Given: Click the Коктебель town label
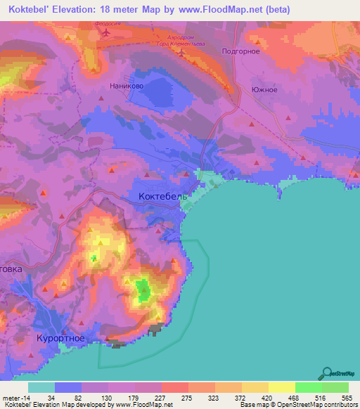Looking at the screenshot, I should (163, 197).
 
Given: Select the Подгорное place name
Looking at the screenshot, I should (240, 51).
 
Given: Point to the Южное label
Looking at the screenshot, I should (264, 89).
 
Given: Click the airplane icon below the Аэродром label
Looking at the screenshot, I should (181, 53).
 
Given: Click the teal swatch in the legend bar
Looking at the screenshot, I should (41, 387).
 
